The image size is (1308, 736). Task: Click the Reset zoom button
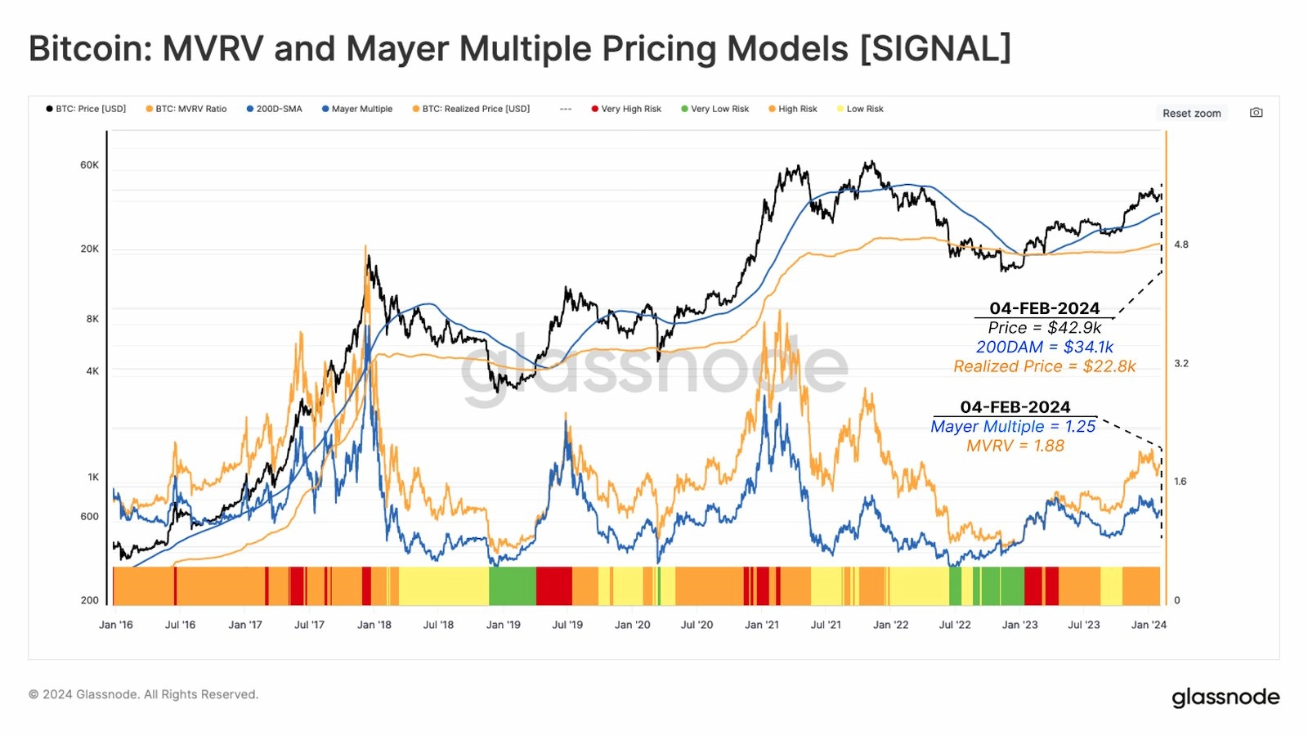pos(1191,113)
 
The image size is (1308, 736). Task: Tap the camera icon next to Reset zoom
pos(1256,113)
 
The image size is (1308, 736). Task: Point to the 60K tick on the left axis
pos(89,165)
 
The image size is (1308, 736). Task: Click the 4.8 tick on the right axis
pos(1181,245)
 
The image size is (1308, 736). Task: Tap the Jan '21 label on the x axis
pos(762,625)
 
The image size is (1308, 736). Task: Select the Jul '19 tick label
pos(567,625)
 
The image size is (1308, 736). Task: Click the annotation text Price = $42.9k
pos(1045,328)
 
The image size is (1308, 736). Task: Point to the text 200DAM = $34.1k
pos(1045,348)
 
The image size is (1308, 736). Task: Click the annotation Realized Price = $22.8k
pos(1045,367)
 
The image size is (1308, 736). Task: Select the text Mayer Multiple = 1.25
pos(1013,427)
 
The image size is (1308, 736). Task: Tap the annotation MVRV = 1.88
pos(1015,447)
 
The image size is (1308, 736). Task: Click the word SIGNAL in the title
pos(936,48)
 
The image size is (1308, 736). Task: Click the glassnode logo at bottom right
pos(1225,697)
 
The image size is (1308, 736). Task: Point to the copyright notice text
pos(143,694)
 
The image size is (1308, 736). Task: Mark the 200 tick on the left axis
pos(89,600)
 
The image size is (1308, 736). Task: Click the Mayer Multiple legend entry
pos(361,109)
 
